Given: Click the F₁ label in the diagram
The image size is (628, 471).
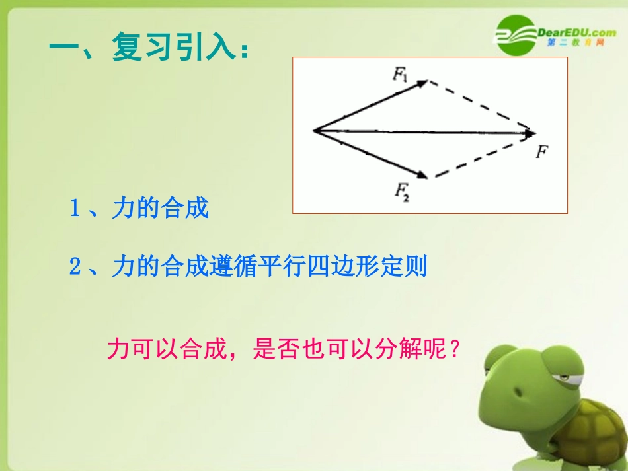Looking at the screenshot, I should [x=401, y=75].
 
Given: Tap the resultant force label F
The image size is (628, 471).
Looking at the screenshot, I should [x=542, y=151].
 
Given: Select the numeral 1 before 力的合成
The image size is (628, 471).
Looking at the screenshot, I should [x=75, y=209].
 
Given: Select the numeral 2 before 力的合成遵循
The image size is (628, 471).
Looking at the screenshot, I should [x=75, y=268].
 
